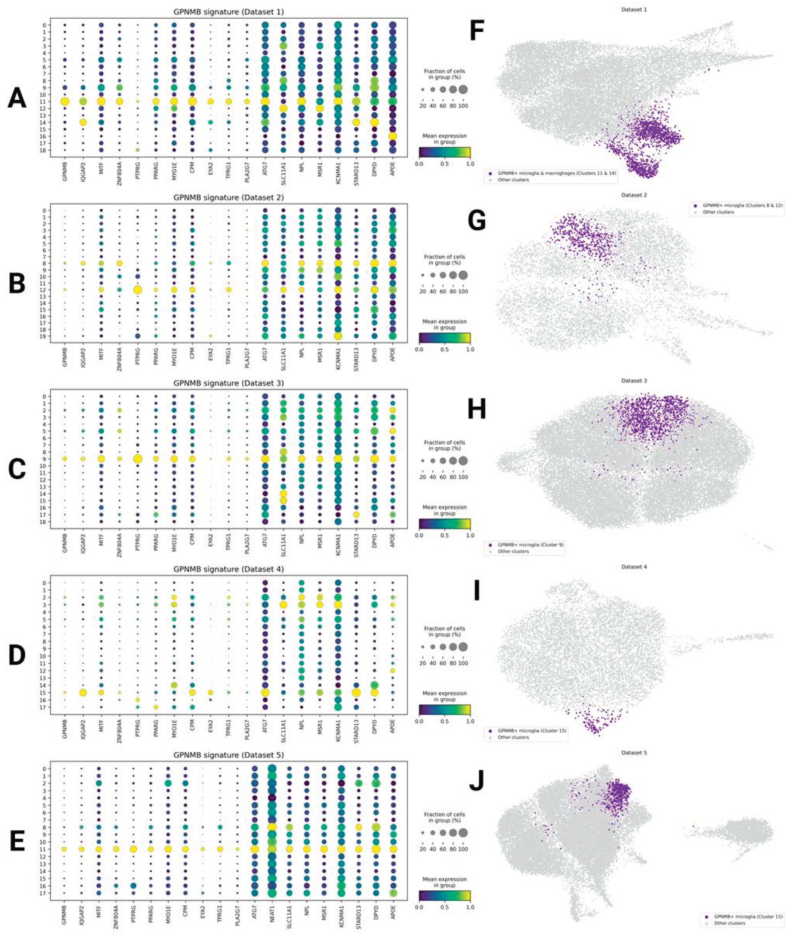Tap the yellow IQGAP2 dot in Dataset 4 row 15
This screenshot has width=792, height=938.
(x=83, y=692)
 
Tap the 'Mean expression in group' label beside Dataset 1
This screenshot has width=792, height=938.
(x=444, y=139)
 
